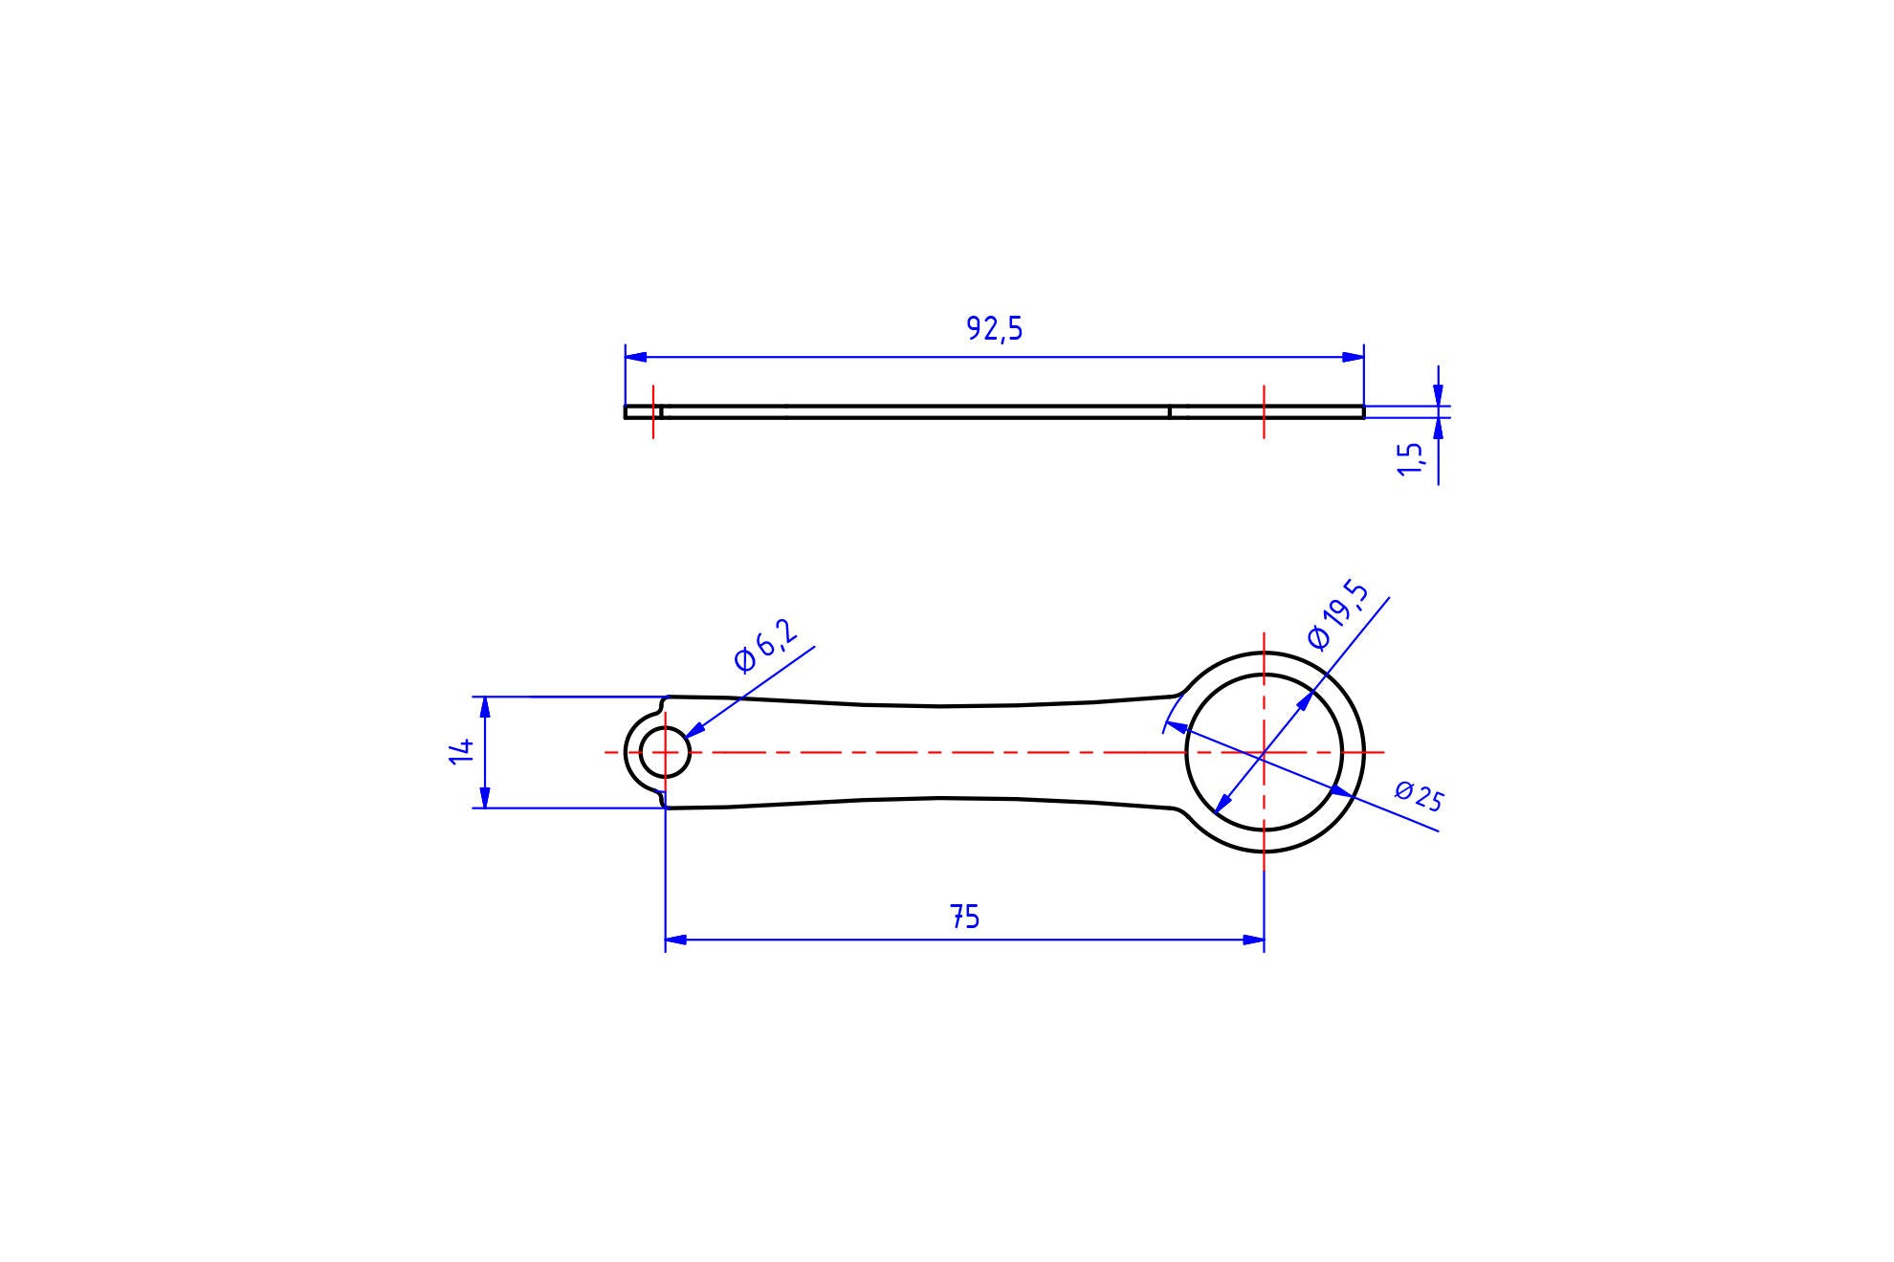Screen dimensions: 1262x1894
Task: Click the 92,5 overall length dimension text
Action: (x=994, y=329)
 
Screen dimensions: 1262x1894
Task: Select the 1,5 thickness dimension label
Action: (x=1411, y=459)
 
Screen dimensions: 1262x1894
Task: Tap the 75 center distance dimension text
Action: (x=965, y=918)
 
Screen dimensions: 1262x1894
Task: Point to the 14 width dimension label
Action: (x=462, y=750)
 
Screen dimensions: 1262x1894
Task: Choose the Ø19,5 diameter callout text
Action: (x=1337, y=616)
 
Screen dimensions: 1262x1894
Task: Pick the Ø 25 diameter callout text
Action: (x=1418, y=796)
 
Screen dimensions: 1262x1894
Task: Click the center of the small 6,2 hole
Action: (x=665, y=752)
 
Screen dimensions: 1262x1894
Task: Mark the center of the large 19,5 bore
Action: (x=1264, y=753)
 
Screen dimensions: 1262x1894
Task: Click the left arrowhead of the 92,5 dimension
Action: (x=636, y=357)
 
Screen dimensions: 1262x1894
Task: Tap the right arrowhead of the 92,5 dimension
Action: (x=1353, y=357)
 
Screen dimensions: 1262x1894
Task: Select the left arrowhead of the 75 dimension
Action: (x=676, y=940)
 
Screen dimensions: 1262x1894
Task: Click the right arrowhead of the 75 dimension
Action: (x=1253, y=940)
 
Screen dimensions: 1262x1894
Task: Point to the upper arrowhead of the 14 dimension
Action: (x=485, y=707)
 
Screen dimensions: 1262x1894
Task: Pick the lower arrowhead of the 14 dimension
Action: (x=485, y=797)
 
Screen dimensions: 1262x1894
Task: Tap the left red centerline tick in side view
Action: (x=653, y=412)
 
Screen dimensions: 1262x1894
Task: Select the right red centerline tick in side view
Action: (x=1264, y=412)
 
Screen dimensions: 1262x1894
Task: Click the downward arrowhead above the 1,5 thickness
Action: (x=1438, y=395)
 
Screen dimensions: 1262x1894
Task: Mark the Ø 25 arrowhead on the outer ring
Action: (x=1341, y=791)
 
